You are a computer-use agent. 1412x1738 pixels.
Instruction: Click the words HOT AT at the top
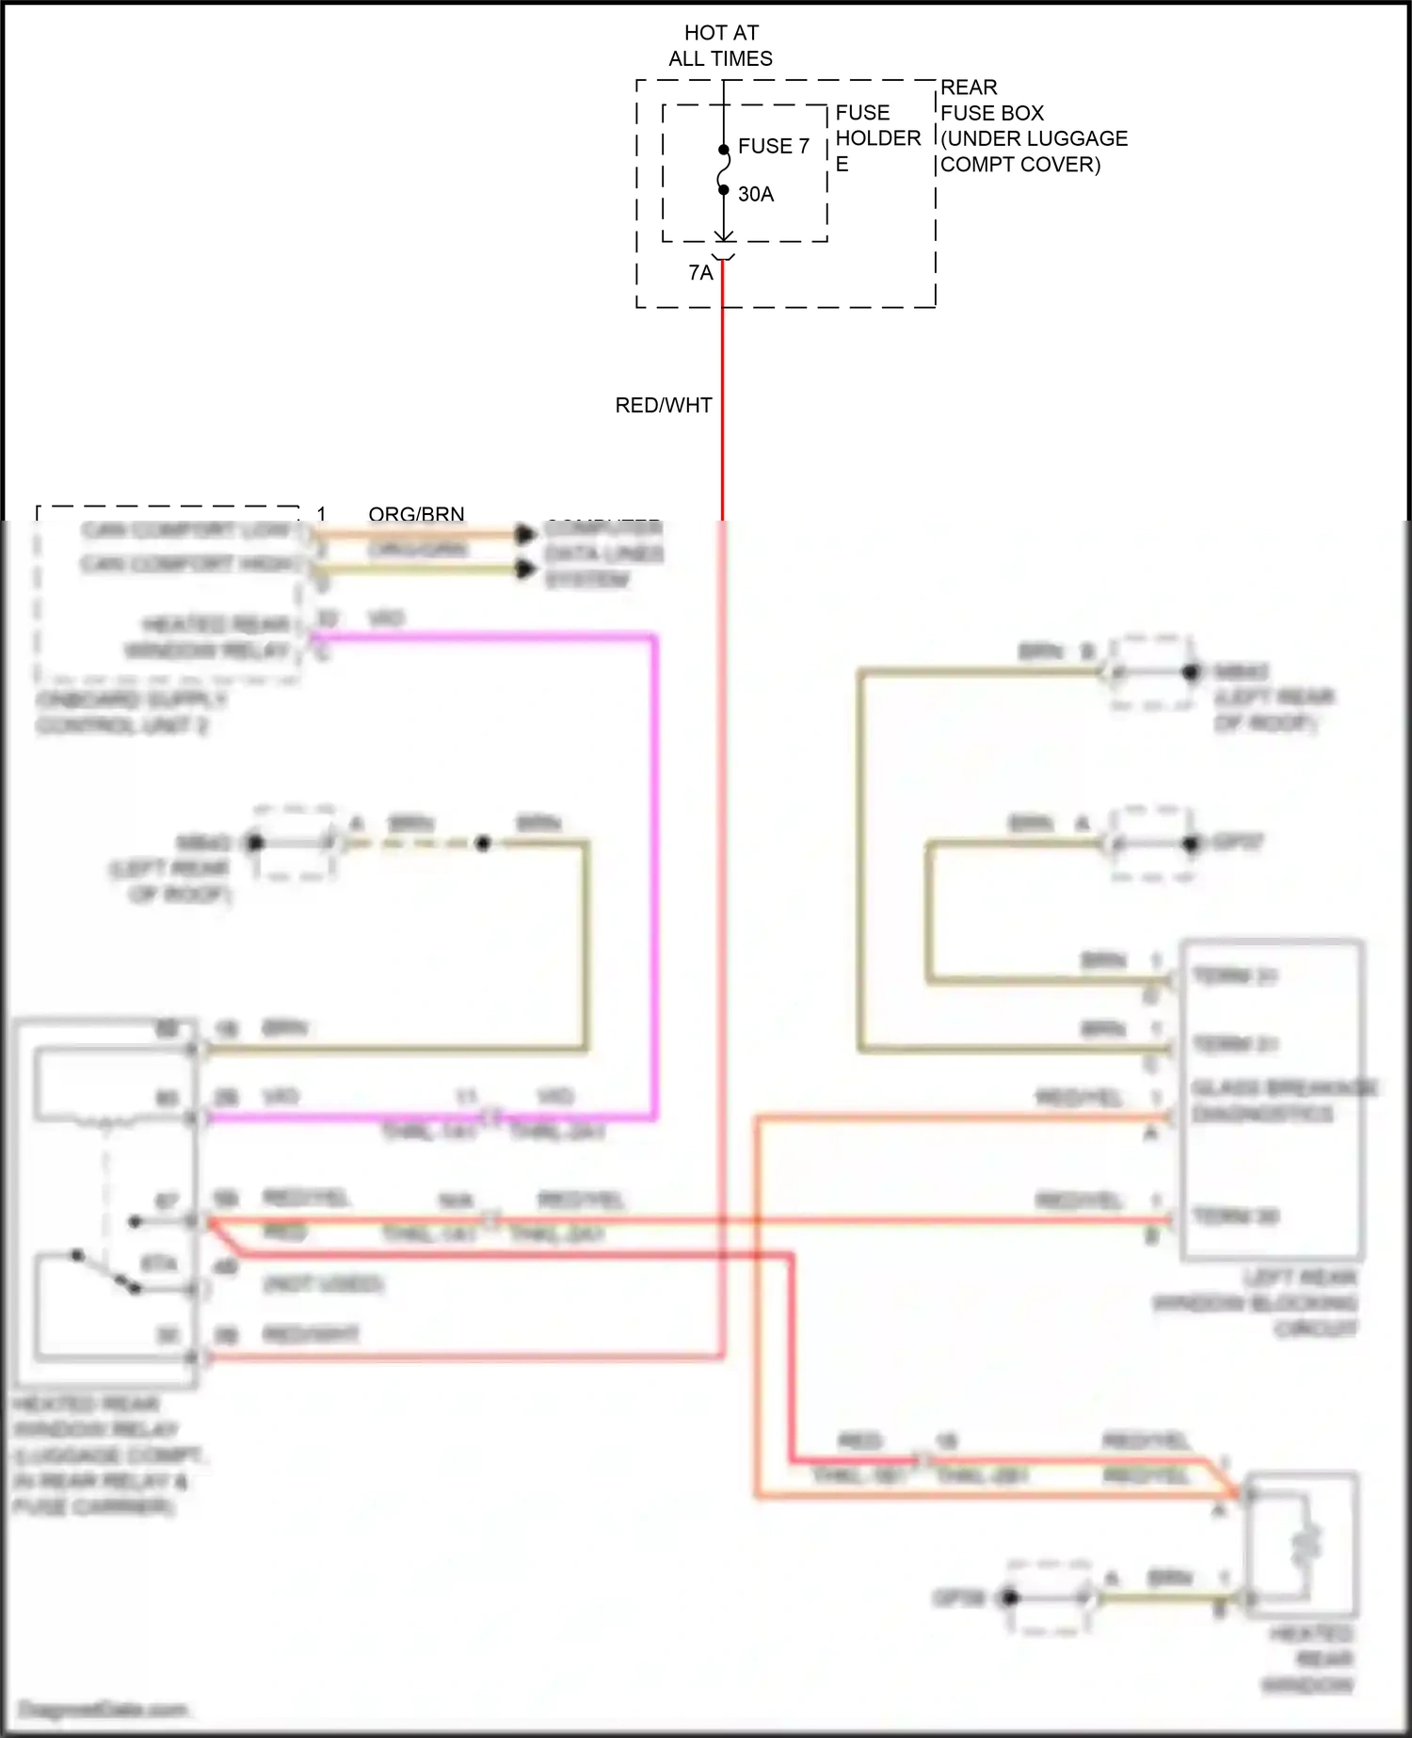pos(721,33)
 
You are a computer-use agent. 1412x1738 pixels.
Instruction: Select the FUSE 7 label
pos(773,146)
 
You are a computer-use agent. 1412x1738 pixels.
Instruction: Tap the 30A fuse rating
pos(755,194)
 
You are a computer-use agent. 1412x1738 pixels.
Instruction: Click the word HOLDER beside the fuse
pos(877,138)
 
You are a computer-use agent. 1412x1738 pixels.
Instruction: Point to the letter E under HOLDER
pos(842,164)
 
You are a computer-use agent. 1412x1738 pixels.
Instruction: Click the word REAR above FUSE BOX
pos(969,88)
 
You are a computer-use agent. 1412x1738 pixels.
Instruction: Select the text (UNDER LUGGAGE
pos(1034,138)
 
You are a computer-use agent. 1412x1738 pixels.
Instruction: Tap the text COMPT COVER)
pos(1020,164)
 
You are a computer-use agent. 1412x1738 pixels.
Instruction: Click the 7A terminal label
pos(700,273)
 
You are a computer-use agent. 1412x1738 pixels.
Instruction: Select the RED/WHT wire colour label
pos(664,405)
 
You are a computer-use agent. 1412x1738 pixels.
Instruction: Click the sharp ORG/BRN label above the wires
pos(416,514)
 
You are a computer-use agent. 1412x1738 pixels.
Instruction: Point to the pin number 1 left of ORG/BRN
pos(321,514)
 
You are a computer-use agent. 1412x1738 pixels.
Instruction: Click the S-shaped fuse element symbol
pos(723,170)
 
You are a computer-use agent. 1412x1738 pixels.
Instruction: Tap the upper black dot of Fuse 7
pos(723,150)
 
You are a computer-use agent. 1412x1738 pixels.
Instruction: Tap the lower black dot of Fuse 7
pos(723,190)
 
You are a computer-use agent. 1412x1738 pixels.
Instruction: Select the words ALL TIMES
pos(721,58)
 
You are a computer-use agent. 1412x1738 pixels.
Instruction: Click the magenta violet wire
pos(654,847)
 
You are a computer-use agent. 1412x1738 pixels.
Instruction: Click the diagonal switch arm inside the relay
pos(105,1271)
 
